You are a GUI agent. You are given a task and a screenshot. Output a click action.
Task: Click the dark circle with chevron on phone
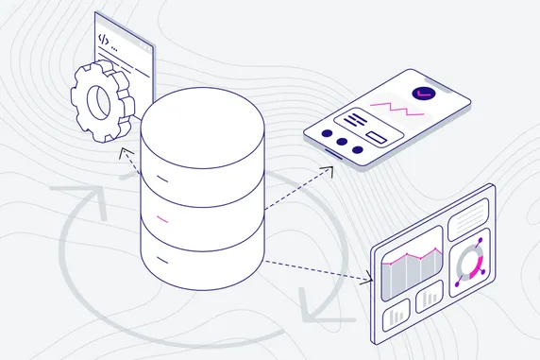423,94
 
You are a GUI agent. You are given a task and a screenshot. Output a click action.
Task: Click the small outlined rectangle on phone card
376,139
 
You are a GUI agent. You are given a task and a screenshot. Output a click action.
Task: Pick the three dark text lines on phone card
354,120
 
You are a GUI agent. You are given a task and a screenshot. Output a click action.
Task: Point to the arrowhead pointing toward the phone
328,169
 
